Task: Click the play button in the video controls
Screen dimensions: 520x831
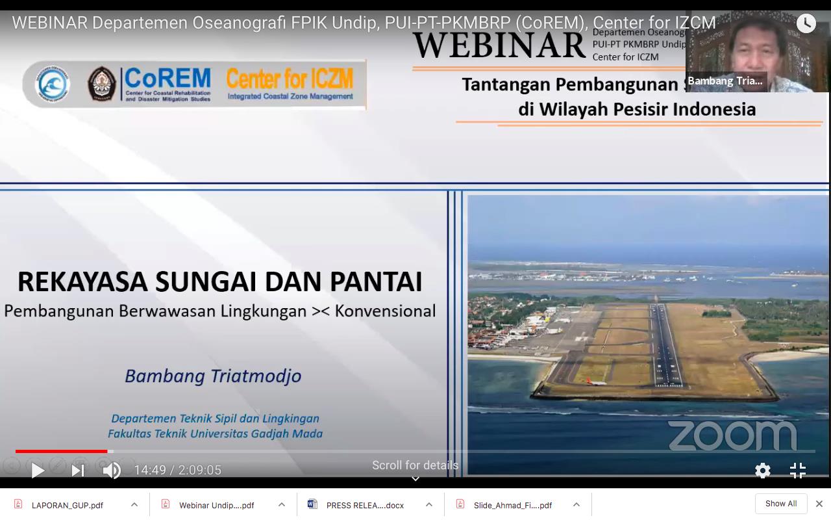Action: [38, 470]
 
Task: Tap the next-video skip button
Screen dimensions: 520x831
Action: [78, 470]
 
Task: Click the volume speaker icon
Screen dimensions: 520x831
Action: [112, 470]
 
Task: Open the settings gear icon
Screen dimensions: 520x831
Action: [763, 471]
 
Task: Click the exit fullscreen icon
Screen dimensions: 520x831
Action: [798, 471]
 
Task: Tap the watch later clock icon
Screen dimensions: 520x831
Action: [806, 23]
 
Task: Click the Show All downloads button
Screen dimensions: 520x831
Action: [780, 504]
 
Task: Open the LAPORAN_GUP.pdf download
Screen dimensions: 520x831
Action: [67, 505]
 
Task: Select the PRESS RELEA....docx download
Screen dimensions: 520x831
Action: [364, 505]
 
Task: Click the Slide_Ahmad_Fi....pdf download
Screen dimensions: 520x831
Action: [512, 505]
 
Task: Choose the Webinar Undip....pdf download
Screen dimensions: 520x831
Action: [216, 505]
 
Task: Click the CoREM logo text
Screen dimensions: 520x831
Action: [167, 79]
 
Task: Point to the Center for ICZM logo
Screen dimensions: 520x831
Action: [290, 84]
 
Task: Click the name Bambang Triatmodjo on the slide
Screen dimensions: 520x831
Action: [213, 376]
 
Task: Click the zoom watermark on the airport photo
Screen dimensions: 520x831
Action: [732, 435]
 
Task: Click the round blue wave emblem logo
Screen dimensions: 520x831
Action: [52, 84]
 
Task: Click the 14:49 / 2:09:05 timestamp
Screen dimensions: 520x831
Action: [178, 470]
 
